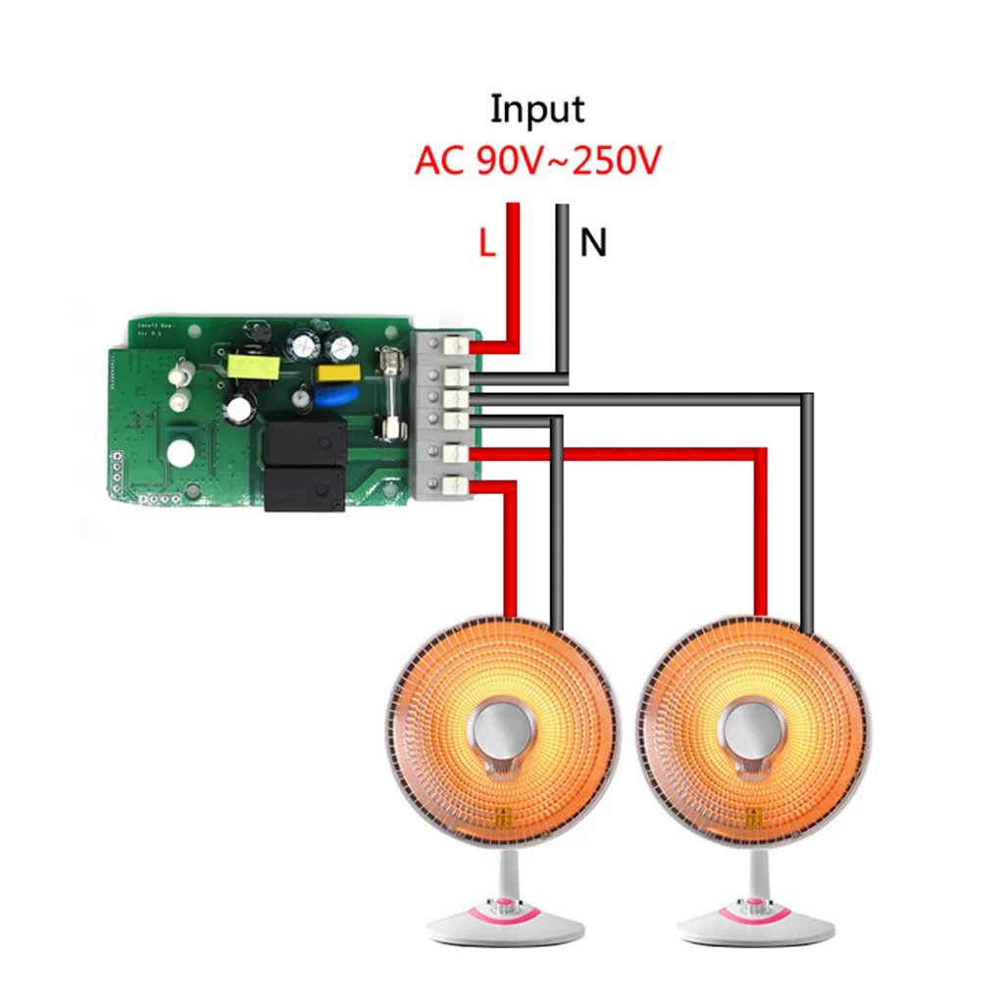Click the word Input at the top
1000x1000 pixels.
click(x=537, y=109)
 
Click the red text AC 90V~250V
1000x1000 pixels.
click(x=537, y=160)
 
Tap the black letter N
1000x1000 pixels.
click(x=593, y=243)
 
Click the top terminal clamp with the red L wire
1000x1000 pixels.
click(x=454, y=346)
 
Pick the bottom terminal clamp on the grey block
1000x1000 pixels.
click(x=454, y=485)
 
